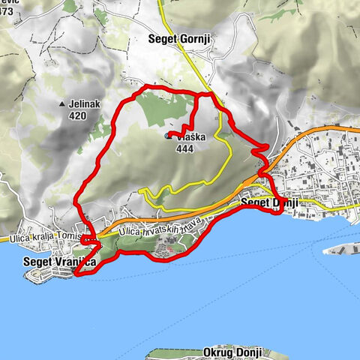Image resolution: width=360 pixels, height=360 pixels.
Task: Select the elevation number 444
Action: pos(184,148)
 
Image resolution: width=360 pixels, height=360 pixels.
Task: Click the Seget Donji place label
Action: pos(270,203)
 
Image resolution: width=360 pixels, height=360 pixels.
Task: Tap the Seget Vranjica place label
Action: pos(59,262)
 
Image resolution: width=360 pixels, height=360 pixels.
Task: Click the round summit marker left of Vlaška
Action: pos(166,136)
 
